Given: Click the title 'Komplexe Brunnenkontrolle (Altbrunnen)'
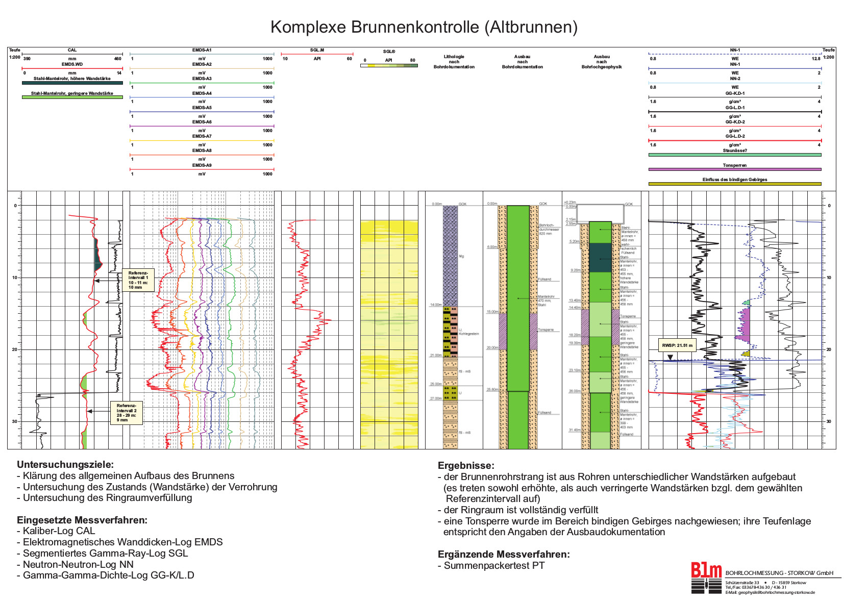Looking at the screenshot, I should click(x=424, y=27).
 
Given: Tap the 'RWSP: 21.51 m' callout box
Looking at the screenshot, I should click(x=677, y=345).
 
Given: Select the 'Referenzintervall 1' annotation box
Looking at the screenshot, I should click(x=138, y=280).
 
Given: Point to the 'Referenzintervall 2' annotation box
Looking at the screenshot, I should click(x=126, y=413).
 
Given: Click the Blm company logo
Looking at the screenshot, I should click(x=706, y=578).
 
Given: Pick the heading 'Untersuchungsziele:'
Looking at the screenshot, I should click(x=65, y=464).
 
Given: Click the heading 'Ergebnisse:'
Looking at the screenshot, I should click(x=465, y=465).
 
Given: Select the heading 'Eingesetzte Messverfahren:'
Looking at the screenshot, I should click(x=82, y=520).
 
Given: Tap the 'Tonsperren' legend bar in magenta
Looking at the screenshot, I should click(x=734, y=169).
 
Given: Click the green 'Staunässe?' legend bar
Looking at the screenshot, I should click(x=734, y=155).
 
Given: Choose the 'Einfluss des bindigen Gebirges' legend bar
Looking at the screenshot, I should click(x=734, y=184).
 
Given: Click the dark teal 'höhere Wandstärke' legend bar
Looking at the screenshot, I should click(x=72, y=83).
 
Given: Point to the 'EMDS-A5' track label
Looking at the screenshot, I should click(x=202, y=108).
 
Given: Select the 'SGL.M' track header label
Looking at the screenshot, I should click(x=317, y=50).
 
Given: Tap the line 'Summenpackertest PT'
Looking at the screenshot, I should click(x=493, y=565).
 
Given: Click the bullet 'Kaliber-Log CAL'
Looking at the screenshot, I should click(x=59, y=531).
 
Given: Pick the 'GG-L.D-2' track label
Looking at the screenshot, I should click(x=734, y=136).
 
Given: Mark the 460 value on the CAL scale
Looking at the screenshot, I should click(x=117, y=59).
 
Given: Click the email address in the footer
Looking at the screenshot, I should click(x=770, y=592).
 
